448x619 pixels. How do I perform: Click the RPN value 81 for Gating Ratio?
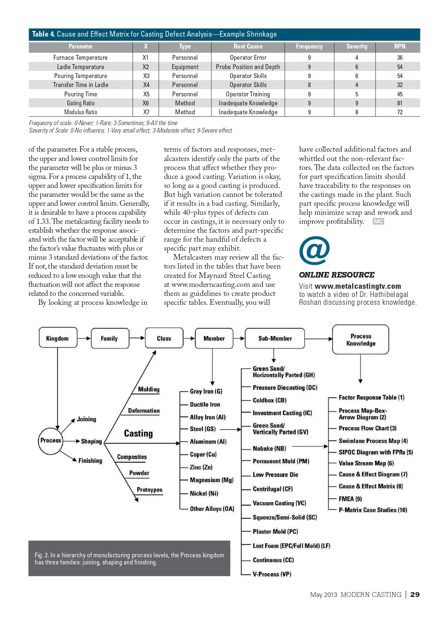(x=399, y=103)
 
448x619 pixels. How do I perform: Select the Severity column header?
(x=357, y=47)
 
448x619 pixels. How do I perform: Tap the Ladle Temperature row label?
(x=81, y=67)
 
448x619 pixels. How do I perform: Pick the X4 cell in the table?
(x=146, y=85)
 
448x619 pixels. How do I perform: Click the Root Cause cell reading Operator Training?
(x=248, y=94)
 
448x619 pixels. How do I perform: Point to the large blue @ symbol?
(x=314, y=251)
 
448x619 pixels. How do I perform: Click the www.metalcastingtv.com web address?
(x=358, y=286)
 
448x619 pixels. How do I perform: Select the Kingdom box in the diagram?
(x=57, y=338)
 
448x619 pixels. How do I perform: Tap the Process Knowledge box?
(x=361, y=340)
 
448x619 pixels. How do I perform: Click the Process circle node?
(x=50, y=440)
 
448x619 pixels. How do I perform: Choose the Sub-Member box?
(x=275, y=338)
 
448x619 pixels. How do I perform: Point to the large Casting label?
(x=138, y=433)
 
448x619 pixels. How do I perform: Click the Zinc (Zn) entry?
(x=201, y=467)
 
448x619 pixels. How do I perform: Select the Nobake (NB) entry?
(x=269, y=448)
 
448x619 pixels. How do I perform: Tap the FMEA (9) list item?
(x=350, y=499)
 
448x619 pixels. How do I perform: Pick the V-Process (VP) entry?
(x=272, y=574)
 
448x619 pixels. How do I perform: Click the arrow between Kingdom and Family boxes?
(x=84, y=338)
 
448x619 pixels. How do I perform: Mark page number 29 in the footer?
(x=415, y=594)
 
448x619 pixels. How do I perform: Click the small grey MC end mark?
(x=378, y=222)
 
